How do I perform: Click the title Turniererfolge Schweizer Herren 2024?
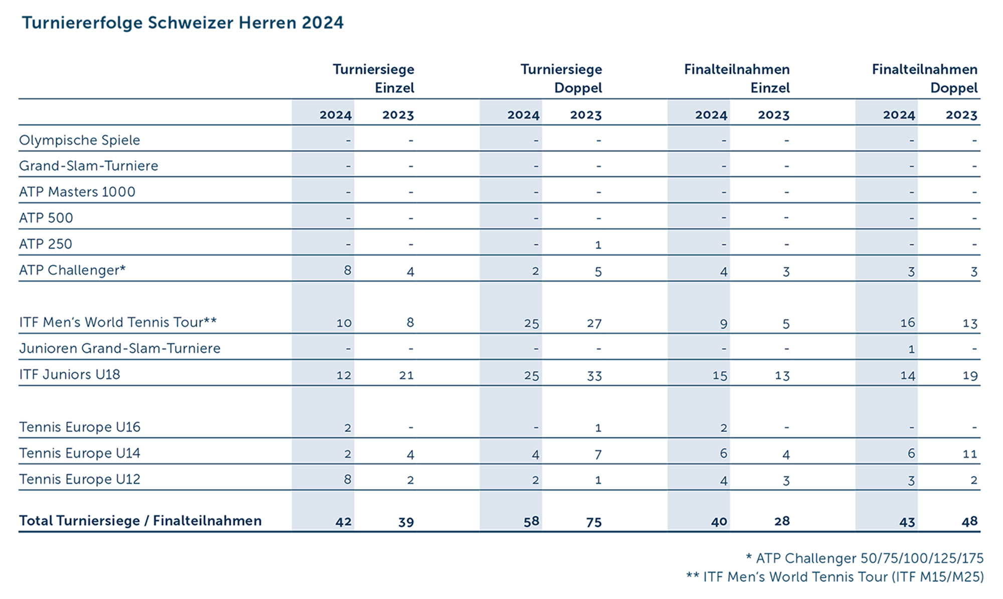click(183, 23)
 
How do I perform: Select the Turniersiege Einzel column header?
click(374, 78)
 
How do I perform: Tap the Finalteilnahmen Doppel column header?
click(924, 78)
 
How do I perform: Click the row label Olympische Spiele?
click(79, 140)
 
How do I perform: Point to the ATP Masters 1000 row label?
click(77, 192)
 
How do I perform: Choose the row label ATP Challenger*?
click(72, 270)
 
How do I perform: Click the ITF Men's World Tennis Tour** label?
click(118, 322)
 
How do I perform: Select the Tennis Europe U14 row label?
click(80, 453)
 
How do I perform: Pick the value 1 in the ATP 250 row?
click(598, 245)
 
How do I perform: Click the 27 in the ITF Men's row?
click(594, 323)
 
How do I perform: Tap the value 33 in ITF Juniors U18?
click(594, 375)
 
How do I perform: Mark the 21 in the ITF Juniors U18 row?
click(406, 375)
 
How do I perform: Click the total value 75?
click(594, 522)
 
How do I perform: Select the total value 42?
click(344, 522)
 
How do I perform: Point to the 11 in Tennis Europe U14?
click(970, 454)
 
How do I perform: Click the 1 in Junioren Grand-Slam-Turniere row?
click(911, 349)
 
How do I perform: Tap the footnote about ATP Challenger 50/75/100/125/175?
click(865, 558)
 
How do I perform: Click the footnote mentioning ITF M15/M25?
click(834, 577)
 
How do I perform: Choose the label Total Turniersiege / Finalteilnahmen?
click(140, 521)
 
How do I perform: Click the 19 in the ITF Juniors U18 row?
click(970, 375)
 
